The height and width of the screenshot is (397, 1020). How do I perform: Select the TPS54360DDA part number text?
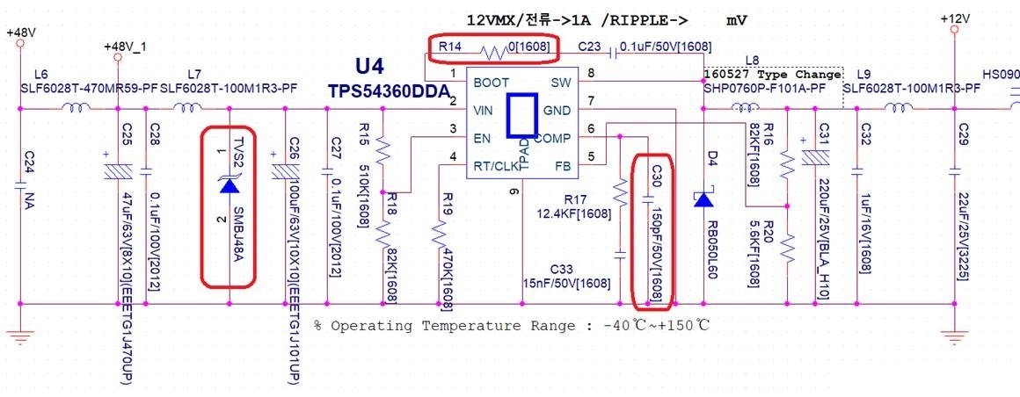[390, 90]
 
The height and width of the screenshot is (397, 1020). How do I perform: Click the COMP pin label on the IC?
[552, 138]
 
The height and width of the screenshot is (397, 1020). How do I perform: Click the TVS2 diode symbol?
[229, 184]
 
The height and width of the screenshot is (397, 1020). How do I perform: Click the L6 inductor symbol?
[75, 109]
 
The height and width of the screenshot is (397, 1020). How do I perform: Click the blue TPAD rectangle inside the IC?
[521, 114]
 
